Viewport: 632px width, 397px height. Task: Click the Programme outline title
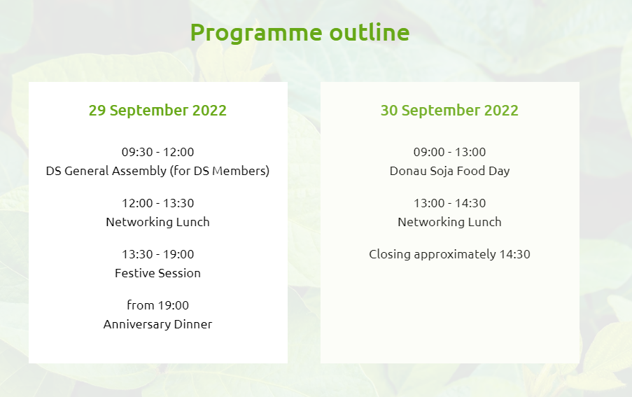(300, 33)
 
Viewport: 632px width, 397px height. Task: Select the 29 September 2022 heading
(157, 111)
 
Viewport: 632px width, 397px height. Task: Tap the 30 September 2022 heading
(449, 111)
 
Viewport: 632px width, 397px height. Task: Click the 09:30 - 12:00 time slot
(157, 152)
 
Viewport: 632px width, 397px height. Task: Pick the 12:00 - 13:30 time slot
(157, 203)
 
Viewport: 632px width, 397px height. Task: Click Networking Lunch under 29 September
(157, 222)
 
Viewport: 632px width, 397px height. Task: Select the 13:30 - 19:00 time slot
(157, 254)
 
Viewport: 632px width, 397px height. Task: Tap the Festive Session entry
(157, 273)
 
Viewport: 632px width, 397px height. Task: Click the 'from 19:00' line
(157, 305)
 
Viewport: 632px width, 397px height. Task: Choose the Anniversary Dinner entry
(157, 324)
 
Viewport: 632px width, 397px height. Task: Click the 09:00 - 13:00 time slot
(449, 152)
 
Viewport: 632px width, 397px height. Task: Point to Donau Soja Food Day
(449, 171)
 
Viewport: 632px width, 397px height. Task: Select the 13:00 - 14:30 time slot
(449, 203)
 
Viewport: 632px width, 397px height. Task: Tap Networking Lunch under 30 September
(449, 222)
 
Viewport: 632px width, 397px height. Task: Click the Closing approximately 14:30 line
(449, 254)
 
